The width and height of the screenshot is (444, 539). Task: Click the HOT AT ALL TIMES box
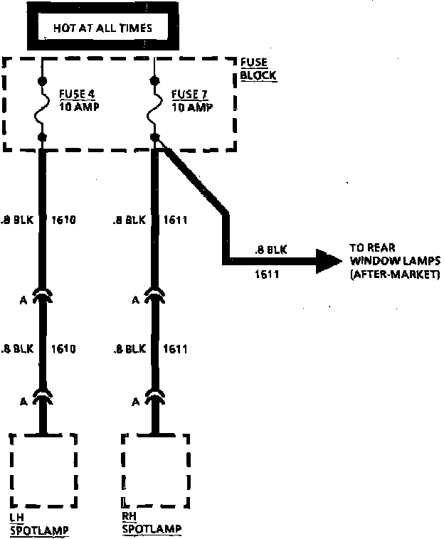point(102,29)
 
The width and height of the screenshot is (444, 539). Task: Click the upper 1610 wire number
point(63,220)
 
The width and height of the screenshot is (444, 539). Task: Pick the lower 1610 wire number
point(63,349)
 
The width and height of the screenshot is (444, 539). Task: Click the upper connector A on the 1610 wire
point(43,295)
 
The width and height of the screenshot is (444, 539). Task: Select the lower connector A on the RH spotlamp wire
point(155,397)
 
